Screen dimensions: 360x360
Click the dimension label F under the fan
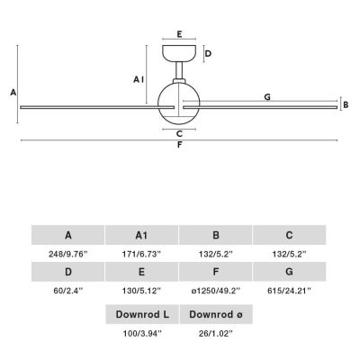[179, 145]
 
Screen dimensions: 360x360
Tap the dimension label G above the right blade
[267, 97]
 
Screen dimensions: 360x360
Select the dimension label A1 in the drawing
[139, 79]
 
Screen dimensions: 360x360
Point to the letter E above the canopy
[179, 34]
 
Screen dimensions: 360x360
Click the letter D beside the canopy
[208, 54]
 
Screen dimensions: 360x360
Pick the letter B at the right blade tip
[346, 105]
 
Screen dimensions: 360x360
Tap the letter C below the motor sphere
[179, 134]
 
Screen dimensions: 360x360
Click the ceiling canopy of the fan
[179, 53]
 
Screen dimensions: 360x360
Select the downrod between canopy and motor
[179, 70]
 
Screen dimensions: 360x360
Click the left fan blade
[97, 107]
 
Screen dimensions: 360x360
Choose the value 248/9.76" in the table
[68, 255]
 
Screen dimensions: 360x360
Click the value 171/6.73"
[141, 255]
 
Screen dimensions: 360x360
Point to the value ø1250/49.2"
[216, 291]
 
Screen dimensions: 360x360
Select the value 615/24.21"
[289, 291]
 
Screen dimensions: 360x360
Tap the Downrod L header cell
[142, 314]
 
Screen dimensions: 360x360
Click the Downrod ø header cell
[216, 314]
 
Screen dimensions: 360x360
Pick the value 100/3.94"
[142, 333]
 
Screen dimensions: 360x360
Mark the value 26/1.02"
[216, 333]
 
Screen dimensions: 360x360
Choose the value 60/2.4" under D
[68, 291]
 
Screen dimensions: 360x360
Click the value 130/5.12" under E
[141, 291]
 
